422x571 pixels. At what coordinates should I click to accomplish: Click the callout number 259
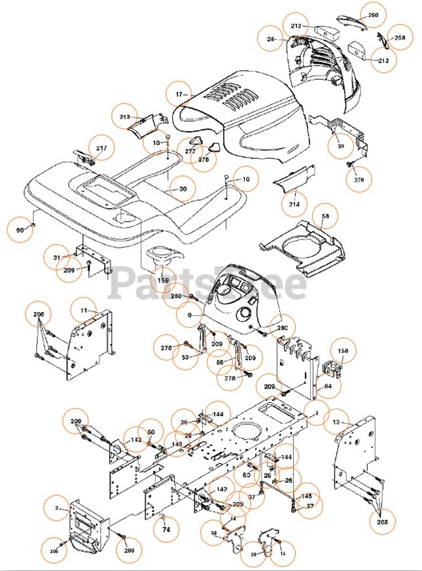click(x=372, y=15)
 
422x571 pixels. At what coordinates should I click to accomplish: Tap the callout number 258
click(x=399, y=38)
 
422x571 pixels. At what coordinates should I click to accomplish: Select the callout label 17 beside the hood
click(x=179, y=94)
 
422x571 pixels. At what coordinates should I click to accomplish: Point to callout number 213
click(x=124, y=117)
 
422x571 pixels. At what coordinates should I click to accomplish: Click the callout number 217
click(x=101, y=148)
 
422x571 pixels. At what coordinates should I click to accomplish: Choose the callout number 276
click(x=203, y=159)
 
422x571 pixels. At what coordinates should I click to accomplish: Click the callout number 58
click(x=325, y=216)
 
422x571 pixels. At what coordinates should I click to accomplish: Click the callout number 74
click(x=166, y=530)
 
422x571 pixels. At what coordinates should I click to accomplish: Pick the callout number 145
click(x=306, y=496)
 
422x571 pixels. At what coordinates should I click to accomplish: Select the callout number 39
click(x=339, y=147)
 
